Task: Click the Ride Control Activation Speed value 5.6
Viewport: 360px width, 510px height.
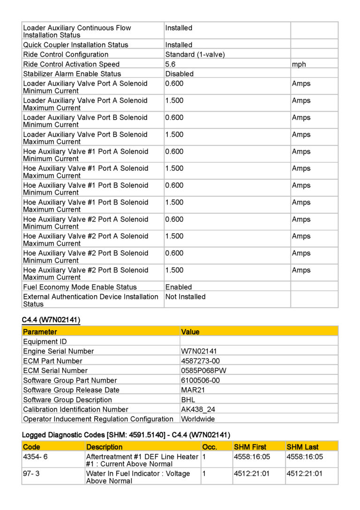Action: (170, 64)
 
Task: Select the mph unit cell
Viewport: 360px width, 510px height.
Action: (299, 64)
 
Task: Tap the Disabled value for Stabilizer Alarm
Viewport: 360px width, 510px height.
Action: (179, 74)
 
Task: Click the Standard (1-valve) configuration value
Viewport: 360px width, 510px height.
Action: (195, 54)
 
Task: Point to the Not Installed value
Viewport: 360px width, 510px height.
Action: (185, 297)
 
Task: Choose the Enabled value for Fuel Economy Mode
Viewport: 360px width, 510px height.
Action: (179, 287)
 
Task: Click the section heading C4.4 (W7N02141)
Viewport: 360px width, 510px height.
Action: (51, 320)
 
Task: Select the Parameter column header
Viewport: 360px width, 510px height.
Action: (40, 332)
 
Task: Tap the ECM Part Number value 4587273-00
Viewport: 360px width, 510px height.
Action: (200, 361)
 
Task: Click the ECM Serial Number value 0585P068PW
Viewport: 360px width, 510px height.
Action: (203, 371)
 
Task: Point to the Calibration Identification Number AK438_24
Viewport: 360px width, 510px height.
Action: (198, 409)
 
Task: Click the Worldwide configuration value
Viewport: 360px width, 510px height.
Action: (198, 419)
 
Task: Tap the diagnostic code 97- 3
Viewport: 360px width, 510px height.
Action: (31, 473)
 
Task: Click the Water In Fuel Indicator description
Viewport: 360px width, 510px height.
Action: (138, 477)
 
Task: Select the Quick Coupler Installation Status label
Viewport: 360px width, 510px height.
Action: (75, 45)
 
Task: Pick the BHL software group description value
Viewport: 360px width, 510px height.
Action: (188, 399)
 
